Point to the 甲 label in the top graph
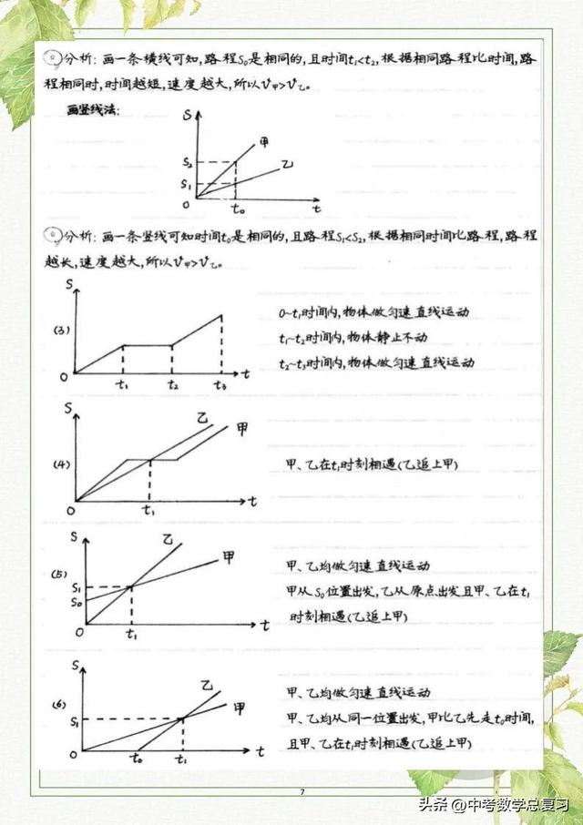point(264,141)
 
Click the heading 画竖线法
point(93,111)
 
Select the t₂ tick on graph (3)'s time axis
point(172,385)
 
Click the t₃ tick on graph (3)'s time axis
point(220,385)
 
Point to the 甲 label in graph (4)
point(242,427)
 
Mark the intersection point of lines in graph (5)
point(132,586)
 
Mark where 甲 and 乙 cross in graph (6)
point(182,718)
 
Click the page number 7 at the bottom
point(302,791)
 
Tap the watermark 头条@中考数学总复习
point(493,804)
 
